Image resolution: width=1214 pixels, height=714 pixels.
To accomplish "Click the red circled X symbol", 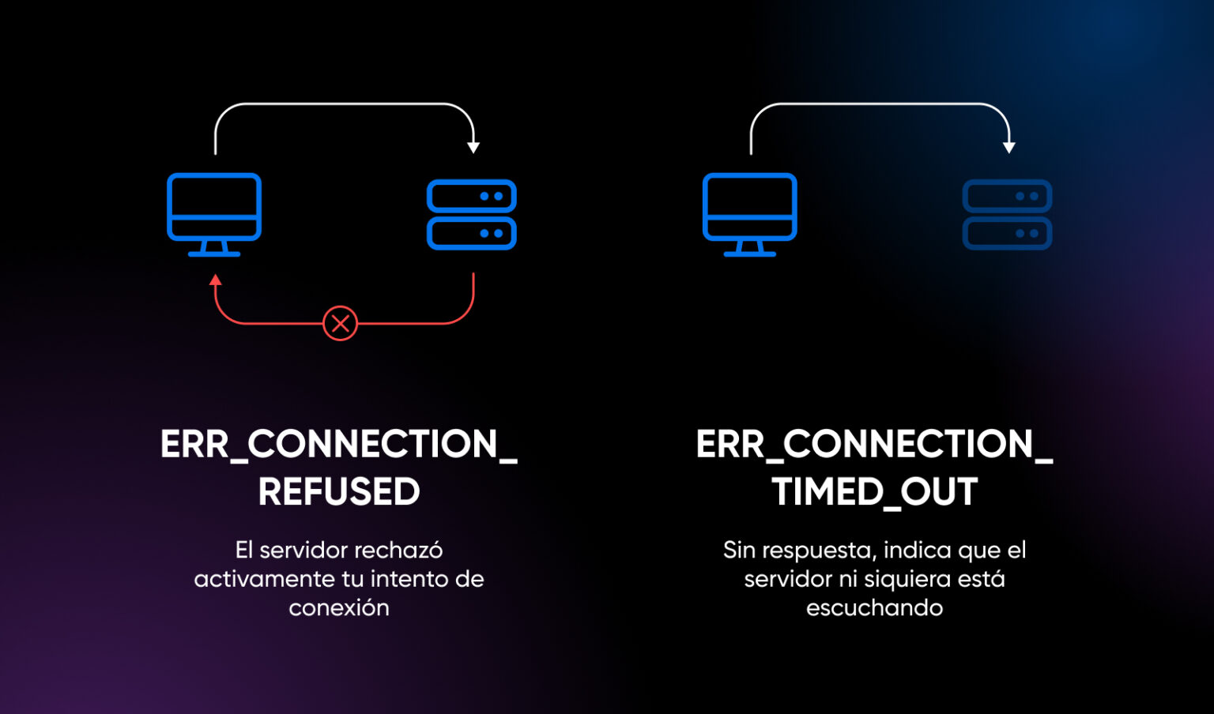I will [x=341, y=323].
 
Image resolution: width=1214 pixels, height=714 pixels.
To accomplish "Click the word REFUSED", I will [x=339, y=491].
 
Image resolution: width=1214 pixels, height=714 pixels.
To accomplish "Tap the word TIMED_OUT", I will [x=874, y=491].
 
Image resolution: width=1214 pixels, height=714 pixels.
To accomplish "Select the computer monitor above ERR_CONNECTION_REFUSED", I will [x=214, y=207].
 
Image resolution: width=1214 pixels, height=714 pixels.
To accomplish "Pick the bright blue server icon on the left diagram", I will [x=472, y=215].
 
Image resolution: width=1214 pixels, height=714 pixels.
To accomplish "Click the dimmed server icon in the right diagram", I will [x=1007, y=215].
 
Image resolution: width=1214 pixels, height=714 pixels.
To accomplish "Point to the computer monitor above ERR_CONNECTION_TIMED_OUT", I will [x=750, y=207].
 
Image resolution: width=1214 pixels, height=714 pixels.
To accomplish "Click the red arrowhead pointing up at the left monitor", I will [x=215, y=280].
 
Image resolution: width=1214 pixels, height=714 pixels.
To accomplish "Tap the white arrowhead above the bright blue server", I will [x=473, y=147].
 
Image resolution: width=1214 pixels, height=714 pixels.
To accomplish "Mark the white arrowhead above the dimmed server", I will [x=1009, y=147].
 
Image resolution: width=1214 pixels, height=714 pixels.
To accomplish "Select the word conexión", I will [x=339, y=607].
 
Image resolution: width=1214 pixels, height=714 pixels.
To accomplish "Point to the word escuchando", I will [x=874, y=607].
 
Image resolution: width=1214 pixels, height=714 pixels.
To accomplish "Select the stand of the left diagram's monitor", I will [x=214, y=248].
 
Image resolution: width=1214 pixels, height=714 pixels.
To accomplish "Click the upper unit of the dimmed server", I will [x=1007, y=196].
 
